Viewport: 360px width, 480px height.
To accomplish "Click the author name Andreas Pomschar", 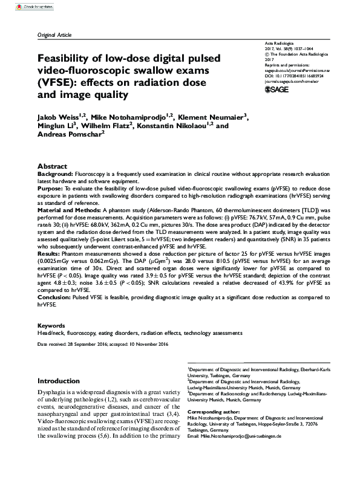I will pos(69,135).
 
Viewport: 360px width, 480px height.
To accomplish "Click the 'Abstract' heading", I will pos(52,166).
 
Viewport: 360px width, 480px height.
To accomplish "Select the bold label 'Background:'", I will pos(56,174).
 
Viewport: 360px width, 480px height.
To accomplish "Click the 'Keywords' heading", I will pos(52,325).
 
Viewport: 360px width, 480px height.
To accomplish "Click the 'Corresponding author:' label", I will pos(214,412).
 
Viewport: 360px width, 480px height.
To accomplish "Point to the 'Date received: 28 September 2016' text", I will pos(75,344).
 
